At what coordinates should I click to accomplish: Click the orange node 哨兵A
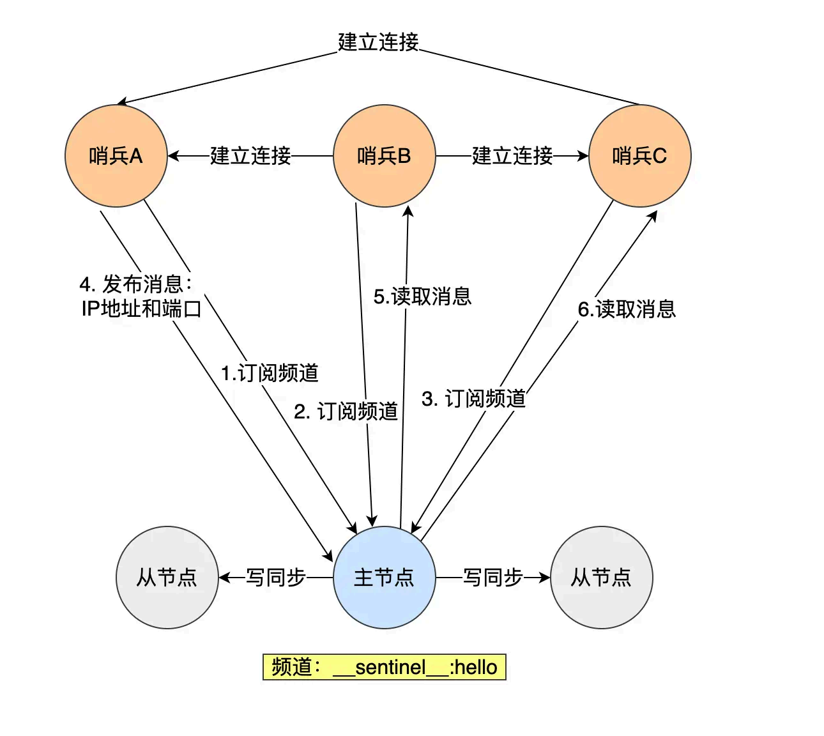click(x=116, y=155)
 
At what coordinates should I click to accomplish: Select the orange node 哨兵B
click(x=384, y=155)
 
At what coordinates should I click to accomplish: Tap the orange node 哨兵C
click(x=639, y=155)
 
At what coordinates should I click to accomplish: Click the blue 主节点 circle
click(x=384, y=577)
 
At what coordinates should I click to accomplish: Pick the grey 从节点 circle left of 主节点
click(x=167, y=577)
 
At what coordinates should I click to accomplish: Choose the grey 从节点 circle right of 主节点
click(x=601, y=577)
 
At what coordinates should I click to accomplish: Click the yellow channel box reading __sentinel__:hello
click(x=384, y=667)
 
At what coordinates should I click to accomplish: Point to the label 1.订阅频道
click(x=270, y=373)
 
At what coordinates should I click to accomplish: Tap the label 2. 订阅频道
click(x=346, y=411)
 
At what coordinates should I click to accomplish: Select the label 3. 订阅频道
click(x=473, y=399)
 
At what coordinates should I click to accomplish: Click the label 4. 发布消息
click(x=135, y=284)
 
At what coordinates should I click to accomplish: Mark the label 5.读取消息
click(x=422, y=296)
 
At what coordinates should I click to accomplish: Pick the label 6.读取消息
click(x=627, y=309)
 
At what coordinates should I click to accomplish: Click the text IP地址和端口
click(x=141, y=309)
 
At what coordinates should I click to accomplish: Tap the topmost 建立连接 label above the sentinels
click(x=378, y=42)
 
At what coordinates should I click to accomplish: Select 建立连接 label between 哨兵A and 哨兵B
click(x=250, y=155)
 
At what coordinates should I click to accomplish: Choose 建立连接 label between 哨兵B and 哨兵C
click(x=512, y=155)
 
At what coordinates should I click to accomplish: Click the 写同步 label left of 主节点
click(x=275, y=577)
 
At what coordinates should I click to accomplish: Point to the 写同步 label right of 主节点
click(x=492, y=577)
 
